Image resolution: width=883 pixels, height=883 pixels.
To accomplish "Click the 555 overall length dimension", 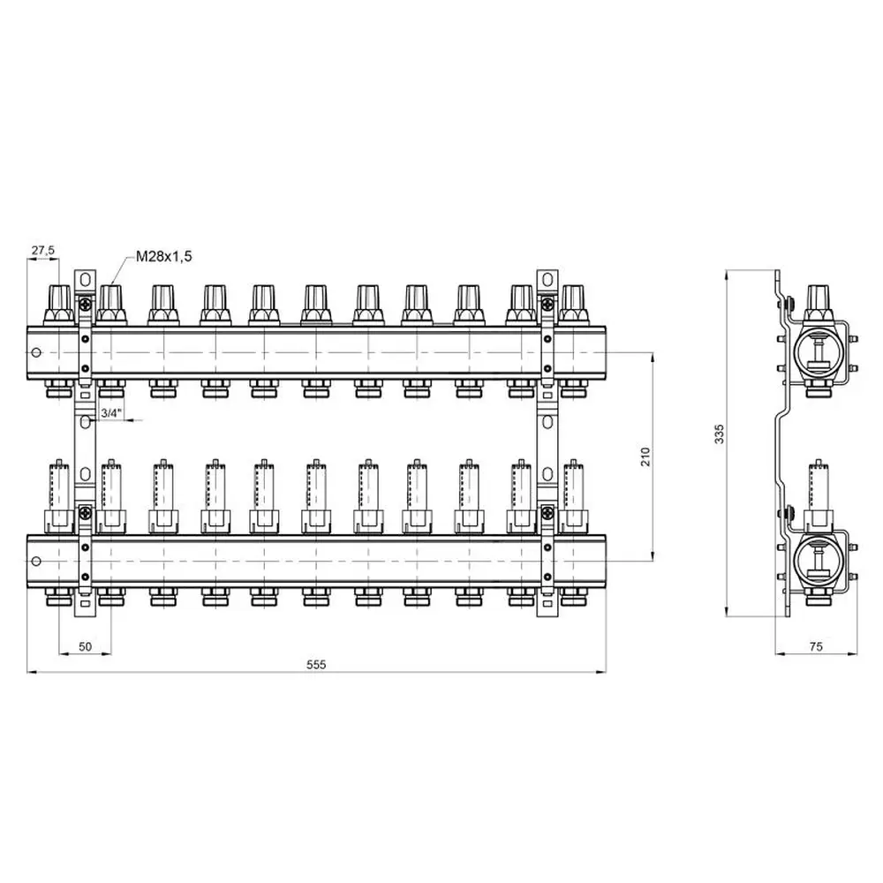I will coord(317,665).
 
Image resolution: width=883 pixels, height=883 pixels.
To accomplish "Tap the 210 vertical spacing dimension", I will coord(645,456).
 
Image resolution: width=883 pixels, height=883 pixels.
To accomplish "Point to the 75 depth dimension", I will coord(815,647).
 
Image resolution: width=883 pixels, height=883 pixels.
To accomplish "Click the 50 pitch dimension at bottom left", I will coord(86,647).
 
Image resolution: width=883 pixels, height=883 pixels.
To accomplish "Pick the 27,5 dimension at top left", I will coord(43,251).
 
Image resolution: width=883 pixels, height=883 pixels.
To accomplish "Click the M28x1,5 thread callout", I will coord(163,256).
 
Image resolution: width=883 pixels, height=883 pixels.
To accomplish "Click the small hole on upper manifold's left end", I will coord(36,352).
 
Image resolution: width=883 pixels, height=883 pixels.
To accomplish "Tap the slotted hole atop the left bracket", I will coord(84,280).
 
